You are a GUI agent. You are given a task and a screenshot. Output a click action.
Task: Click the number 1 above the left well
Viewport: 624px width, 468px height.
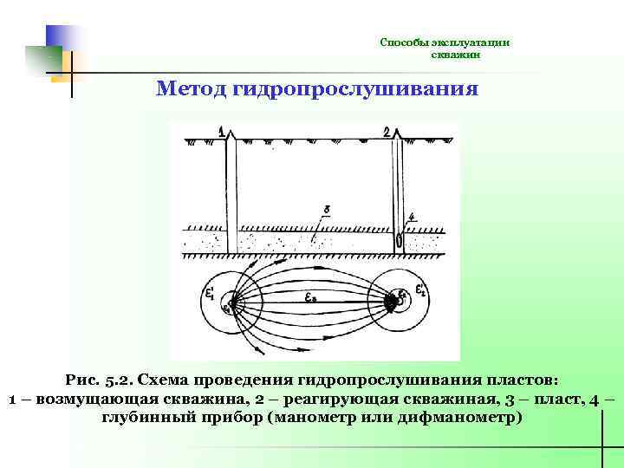(x=223, y=133)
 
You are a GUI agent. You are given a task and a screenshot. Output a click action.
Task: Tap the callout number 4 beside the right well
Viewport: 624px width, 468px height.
(x=412, y=217)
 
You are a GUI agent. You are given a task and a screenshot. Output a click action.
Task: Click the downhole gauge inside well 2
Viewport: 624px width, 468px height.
(x=398, y=240)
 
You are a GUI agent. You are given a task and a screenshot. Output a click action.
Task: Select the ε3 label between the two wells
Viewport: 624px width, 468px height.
(x=311, y=296)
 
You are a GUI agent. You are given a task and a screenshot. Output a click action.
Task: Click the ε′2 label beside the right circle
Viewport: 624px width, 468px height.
(x=420, y=289)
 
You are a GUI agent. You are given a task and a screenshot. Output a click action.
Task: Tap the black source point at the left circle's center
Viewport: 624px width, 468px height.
(x=228, y=306)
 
